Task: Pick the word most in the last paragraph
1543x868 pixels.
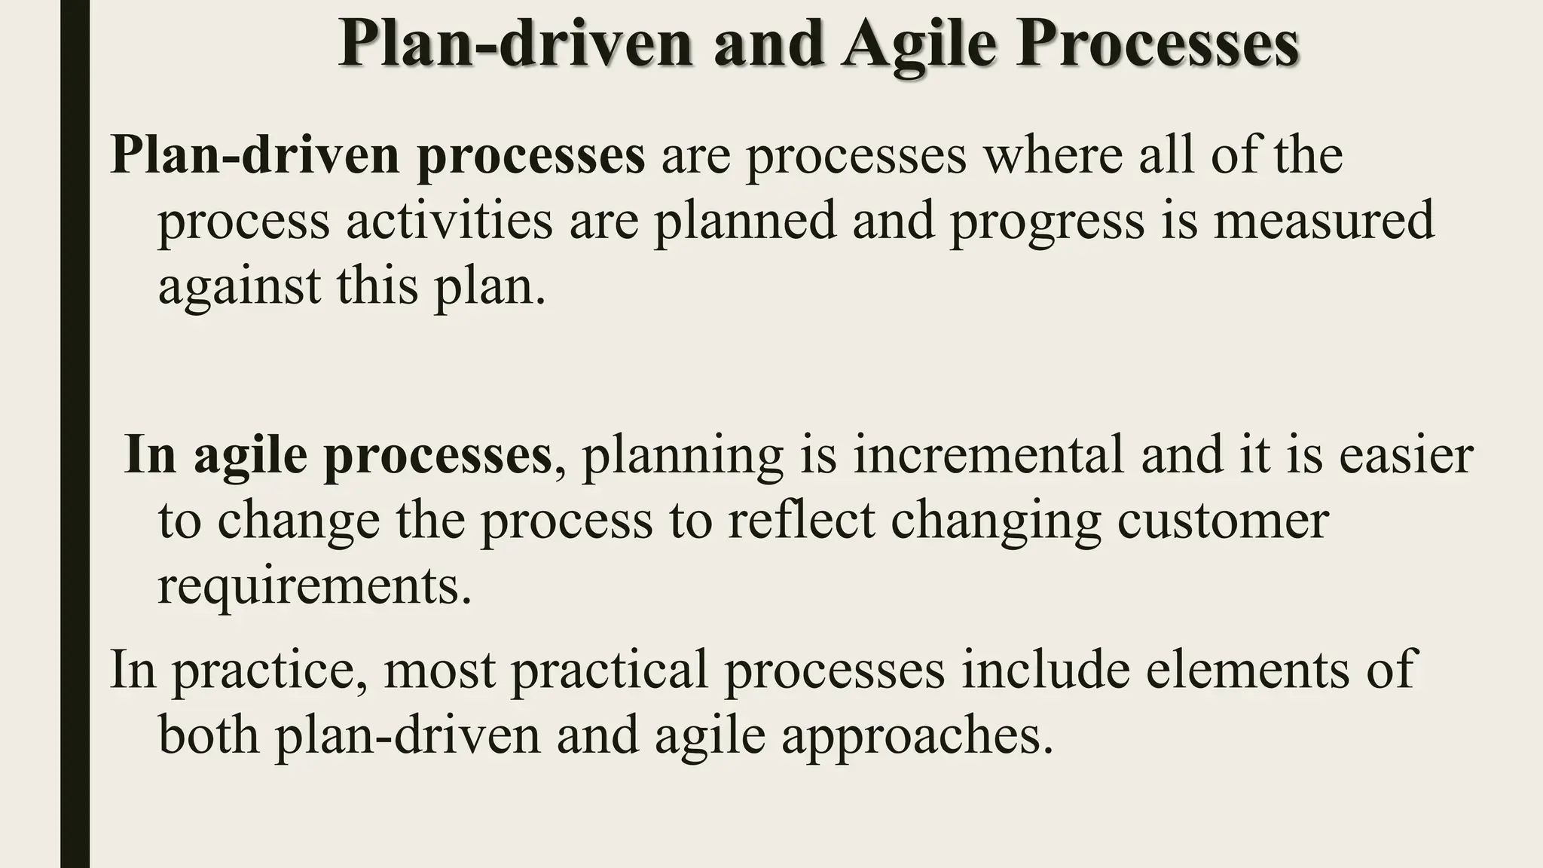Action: (439, 670)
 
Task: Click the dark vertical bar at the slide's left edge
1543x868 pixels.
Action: (75, 434)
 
